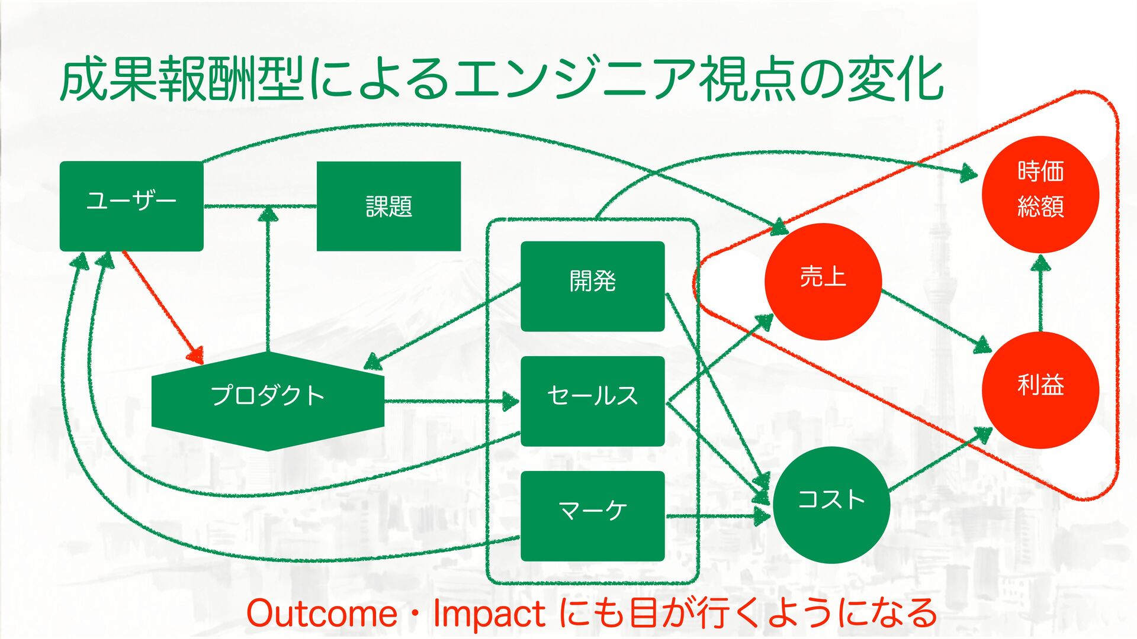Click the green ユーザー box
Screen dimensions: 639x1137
[131, 206]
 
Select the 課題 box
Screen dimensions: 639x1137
[388, 206]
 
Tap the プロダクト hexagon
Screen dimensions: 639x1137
[268, 401]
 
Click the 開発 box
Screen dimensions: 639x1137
[592, 286]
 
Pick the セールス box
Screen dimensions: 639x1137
[592, 401]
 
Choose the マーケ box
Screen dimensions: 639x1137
[592, 515]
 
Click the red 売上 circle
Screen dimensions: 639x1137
[823, 281]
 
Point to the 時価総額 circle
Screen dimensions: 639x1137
[1040, 194]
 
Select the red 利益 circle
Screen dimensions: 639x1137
[1040, 389]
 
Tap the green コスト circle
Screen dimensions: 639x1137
[831, 504]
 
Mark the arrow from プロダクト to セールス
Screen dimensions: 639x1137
[450, 401]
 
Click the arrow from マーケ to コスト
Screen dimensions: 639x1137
[717, 516]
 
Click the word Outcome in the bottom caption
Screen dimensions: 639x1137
[322, 614]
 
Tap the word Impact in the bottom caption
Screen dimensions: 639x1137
[489, 614]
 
